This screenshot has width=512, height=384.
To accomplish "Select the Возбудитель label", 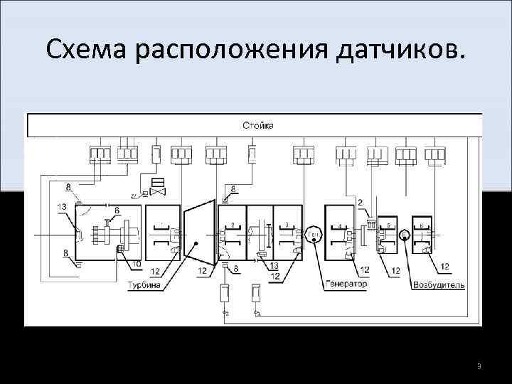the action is pyautogui.click(x=439, y=285).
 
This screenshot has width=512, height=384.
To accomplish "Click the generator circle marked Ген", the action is pyautogui.click(x=314, y=235).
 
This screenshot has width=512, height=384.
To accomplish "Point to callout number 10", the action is pyautogui.click(x=136, y=265).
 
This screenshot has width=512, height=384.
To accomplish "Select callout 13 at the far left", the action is pyautogui.click(x=62, y=206).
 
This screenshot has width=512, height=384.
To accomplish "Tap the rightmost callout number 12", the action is pyautogui.click(x=444, y=267).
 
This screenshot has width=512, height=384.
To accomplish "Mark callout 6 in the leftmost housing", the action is pyautogui.click(x=117, y=210).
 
